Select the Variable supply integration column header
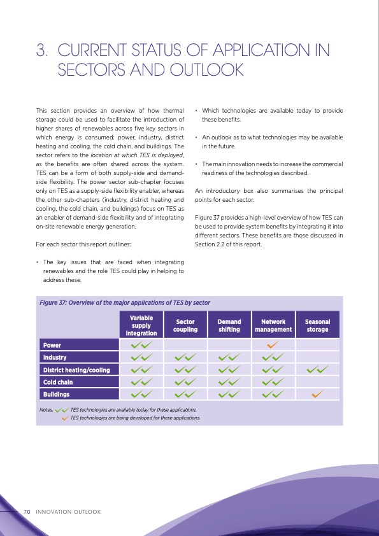click(141, 325)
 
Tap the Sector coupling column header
click(185, 325)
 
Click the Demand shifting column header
click(229, 325)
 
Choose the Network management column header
click(273, 325)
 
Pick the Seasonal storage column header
click(317, 325)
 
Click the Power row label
click(52, 345)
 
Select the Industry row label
click(55, 357)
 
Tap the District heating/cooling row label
click(76, 370)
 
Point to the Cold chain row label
click(59, 382)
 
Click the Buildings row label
click(56, 395)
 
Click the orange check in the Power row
click(273, 345)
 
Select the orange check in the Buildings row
click(317, 395)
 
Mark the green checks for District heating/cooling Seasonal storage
click(317, 370)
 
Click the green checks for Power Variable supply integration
click(141, 345)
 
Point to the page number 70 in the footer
click(27, 511)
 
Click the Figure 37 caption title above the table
click(125, 302)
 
